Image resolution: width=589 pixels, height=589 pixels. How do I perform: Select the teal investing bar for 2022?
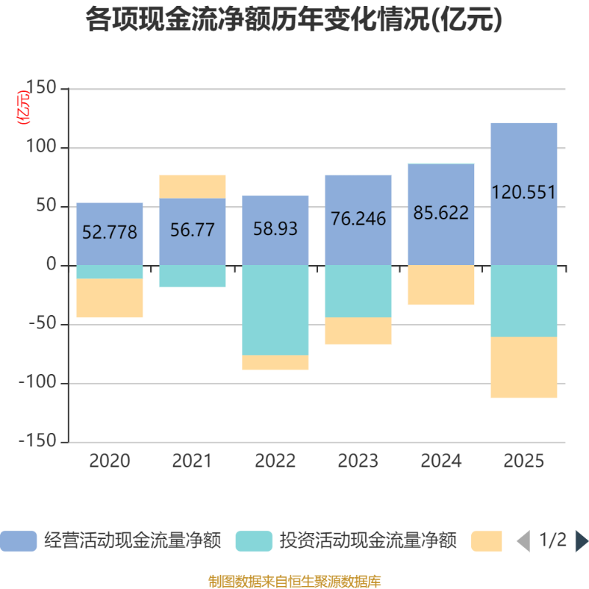click(x=275, y=310)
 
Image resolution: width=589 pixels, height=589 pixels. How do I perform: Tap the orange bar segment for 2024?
click(x=441, y=286)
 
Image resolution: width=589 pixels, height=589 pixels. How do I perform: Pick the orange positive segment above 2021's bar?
click(x=193, y=186)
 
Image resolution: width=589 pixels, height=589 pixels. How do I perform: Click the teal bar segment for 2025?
click(x=523, y=301)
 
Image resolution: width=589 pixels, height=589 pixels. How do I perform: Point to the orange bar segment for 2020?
click(x=110, y=298)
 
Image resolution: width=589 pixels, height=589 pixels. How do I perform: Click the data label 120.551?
click(x=523, y=193)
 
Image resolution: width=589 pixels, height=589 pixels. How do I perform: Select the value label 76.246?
click(x=358, y=219)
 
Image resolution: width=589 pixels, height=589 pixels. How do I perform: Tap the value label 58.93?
click(x=275, y=229)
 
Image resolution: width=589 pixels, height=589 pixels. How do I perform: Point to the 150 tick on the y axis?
click(x=41, y=89)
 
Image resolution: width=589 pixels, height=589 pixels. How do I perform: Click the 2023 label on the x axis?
click(x=358, y=462)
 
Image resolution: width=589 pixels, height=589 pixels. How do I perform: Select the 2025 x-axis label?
click(x=523, y=462)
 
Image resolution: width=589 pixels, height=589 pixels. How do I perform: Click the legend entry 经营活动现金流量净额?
click(x=133, y=541)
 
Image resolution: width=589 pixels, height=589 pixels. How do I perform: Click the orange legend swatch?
click(x=486, y=541)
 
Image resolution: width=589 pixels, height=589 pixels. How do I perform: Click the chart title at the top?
click(x=294, y=21)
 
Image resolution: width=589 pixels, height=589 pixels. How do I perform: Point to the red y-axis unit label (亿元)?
click(x=24, y=107)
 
